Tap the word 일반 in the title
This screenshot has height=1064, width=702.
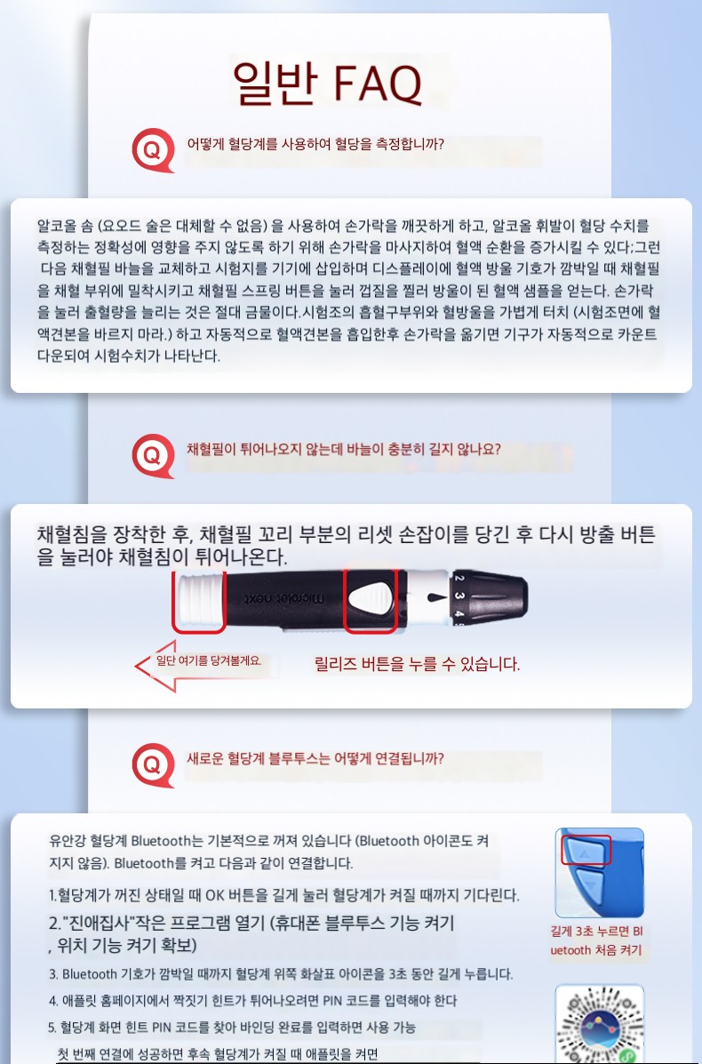(x=275, y=83)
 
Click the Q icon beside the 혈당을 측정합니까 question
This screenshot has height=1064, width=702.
(x=154, y=150)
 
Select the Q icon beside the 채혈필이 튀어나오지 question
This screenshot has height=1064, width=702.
(x=154, y=455)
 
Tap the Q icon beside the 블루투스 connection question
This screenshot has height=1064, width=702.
(x=154, y=764)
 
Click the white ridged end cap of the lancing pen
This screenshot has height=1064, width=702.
(x=199, y=601)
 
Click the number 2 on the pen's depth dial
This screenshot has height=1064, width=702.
(x=459, y=579)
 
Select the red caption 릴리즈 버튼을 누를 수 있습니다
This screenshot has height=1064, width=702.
(x=417, y=664)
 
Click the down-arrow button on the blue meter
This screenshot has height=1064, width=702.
(x=589, y=884)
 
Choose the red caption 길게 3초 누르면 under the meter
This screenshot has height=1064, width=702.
(x=596, y=931)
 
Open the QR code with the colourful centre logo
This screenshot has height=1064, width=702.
(x=599, y=1025)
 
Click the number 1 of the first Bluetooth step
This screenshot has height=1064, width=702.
(x=52, y=896)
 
